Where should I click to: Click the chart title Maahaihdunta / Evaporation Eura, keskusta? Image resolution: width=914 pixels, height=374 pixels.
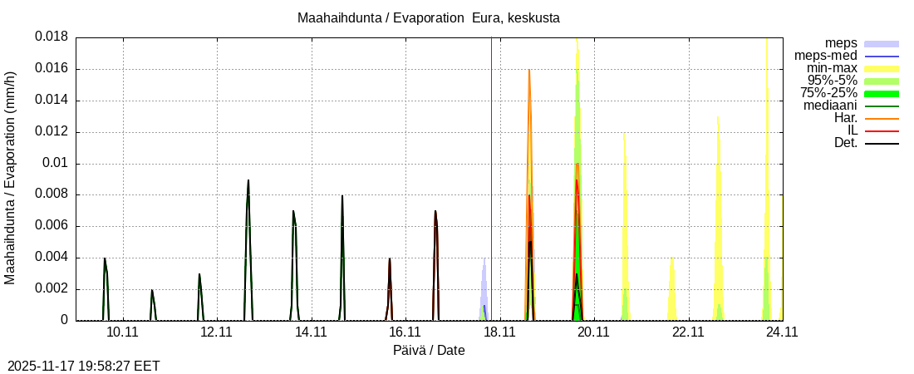434,18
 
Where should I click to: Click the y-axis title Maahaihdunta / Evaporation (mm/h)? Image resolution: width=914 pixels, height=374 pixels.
11,178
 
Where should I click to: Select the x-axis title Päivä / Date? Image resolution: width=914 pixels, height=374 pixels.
429,351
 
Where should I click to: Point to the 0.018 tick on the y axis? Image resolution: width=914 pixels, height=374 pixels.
51,37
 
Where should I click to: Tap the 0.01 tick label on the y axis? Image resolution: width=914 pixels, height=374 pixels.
56,164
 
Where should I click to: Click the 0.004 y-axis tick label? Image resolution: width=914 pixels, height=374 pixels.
51,258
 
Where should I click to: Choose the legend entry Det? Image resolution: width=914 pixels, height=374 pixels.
845,143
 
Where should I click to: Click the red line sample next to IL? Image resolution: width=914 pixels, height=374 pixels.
882,131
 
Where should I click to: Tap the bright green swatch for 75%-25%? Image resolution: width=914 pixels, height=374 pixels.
882,94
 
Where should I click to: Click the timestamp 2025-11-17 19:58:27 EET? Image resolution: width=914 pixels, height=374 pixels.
84,366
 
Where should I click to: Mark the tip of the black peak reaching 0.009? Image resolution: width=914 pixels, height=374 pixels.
248,180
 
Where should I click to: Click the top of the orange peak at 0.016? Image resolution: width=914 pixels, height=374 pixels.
528,70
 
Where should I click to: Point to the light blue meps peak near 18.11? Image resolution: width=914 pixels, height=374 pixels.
484,259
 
